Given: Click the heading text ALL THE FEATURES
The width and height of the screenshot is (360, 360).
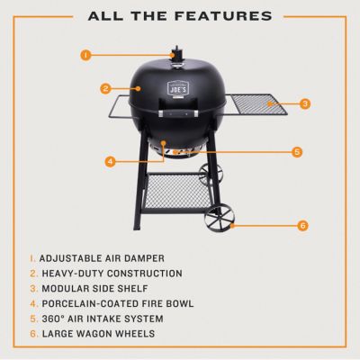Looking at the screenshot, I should coord(180,15).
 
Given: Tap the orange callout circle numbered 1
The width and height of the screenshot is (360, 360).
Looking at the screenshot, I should coord(85,55).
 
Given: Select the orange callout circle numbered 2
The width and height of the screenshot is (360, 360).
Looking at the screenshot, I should coord(105,88).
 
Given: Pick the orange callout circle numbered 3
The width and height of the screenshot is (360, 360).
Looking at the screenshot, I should coord(305,103).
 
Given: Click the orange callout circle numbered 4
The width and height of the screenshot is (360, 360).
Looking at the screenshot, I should coord(110,162).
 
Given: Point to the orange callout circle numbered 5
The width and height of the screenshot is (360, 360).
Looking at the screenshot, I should coord(296,152).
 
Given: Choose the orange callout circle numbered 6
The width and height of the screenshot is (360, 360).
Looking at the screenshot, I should coord(301,225).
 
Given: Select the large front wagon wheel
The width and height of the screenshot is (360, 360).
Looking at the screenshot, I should coord(217,220).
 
